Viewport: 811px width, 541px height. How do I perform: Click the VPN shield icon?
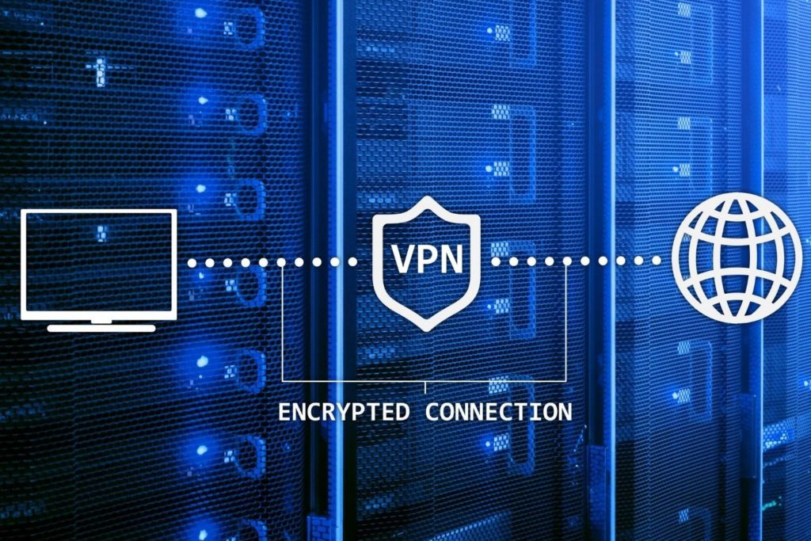pos(426,211)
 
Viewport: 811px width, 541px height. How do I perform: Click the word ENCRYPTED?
pos(344,412)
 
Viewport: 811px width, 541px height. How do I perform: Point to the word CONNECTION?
pos(499,412)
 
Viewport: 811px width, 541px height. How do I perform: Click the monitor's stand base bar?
pos(101,329)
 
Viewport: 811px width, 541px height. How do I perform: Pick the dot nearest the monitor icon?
pos(192,263)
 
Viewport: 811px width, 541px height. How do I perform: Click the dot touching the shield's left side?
pos(352,262)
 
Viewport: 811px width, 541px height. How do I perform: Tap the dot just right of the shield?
pos(496,261)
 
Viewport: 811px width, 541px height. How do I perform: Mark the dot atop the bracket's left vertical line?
pos(281,263)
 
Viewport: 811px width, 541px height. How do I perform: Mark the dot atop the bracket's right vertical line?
pos(567,261)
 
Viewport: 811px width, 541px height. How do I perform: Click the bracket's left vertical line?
pos(282,324)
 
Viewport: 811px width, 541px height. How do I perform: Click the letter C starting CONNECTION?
pos(432,412)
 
